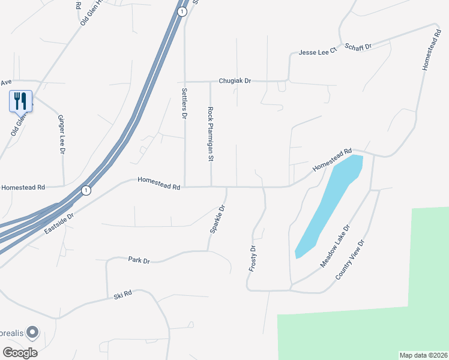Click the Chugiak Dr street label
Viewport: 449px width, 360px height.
coord(235,80)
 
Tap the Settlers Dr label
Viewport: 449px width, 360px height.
coord(184,103)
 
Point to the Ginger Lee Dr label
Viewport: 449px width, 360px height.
coord(61,135)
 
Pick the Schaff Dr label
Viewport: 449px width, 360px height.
coord(358,46)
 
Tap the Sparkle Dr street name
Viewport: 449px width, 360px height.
coord(217,220)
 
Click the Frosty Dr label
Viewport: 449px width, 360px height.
coord(253,257)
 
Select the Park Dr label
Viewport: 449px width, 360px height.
coord(139,260)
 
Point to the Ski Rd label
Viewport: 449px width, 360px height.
coord(122,295)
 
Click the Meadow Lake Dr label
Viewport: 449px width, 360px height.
coord(334,247)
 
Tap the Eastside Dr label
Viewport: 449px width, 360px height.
coord(58,223)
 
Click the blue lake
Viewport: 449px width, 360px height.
coord(330,204)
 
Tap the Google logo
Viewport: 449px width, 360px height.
coord(20,353)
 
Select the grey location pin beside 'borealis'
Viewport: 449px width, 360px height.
coord(33,331)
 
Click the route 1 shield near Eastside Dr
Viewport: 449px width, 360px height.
coord(86,190)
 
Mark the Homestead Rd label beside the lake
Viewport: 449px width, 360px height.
coord(331,160)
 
